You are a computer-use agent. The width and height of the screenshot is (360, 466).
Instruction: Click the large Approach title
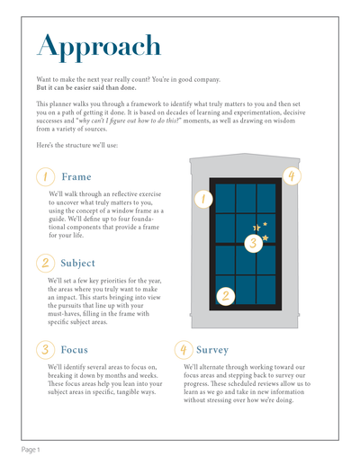(x=99, y=48)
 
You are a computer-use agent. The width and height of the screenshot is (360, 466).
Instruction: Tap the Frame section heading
(x=76, y=176)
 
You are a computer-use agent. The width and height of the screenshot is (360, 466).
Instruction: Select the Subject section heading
(x=77, y=263)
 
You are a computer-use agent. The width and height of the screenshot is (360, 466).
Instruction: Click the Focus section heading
(x=75, y=350)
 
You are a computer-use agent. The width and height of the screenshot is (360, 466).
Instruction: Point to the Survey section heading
(x=212, y=350)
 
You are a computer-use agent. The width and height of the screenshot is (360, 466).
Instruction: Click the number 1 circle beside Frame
(x=45, y=177)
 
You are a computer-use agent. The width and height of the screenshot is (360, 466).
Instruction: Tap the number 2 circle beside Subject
(x=45, y=264)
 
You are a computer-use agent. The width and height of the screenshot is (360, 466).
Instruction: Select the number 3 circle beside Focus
(x=45, y=350)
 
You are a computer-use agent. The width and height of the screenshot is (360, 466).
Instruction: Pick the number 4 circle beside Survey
(x=184, y=350)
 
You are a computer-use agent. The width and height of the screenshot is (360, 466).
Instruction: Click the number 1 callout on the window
(x=203, y=199)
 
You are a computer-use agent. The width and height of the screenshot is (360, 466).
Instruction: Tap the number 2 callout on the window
(x=226, y=296)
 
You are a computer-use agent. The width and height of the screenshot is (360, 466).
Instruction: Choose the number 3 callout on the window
(x=254, y=243)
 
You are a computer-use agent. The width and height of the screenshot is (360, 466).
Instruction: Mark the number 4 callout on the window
(x=292, y=176)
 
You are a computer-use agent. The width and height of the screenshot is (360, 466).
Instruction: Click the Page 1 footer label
(x=31, y=450)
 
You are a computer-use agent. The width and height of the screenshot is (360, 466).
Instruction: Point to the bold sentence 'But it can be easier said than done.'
(x=86, y=88)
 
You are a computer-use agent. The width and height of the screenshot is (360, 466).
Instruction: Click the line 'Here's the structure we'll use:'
(x=77, y=145)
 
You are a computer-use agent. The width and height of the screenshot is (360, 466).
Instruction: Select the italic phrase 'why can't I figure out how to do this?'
(x=129, y=121)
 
